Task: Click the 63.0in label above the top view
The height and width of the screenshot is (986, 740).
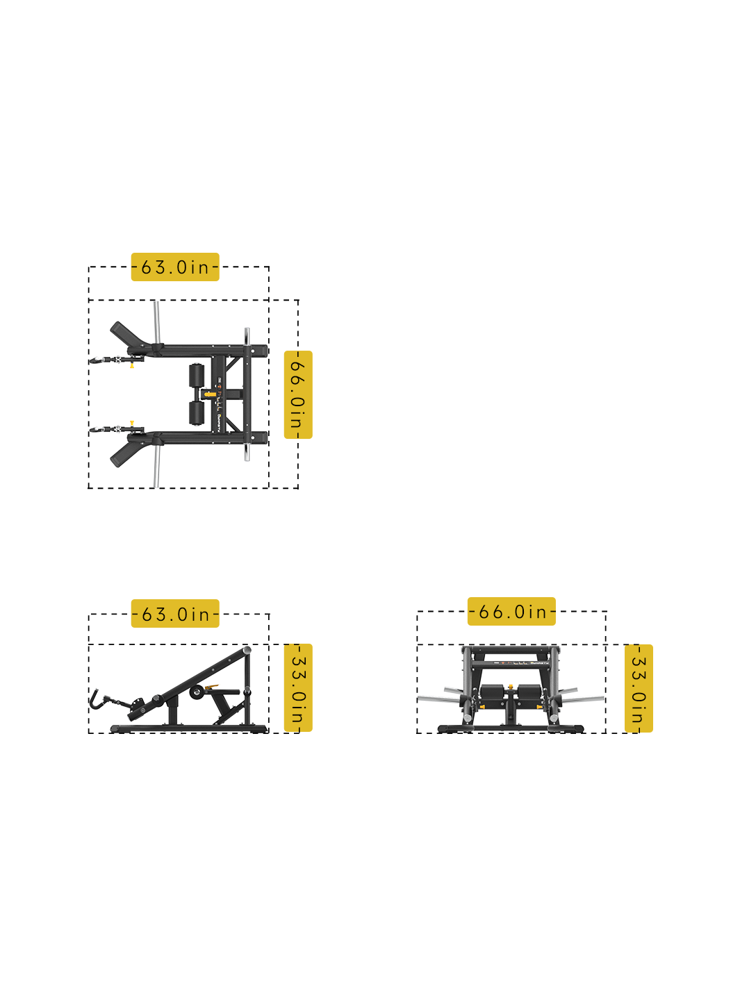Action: click(175, 267)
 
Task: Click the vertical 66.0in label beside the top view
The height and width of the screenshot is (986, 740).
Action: click(298, 395)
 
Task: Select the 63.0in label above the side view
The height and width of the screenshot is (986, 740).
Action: click(175, 614)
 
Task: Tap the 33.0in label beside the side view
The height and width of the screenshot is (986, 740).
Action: click(298, 688)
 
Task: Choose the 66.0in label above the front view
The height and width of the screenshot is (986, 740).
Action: click(511, 612)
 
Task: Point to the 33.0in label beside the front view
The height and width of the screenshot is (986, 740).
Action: click(639, 688)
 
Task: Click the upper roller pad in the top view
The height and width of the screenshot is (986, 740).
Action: click(197, 375)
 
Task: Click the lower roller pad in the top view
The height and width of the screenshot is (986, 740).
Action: click(197, 412)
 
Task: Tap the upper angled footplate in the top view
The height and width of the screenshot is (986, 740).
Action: click(128, 334)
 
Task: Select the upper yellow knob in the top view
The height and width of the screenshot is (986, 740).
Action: click(132, 365)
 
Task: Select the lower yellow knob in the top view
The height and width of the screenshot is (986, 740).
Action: click(132, 421)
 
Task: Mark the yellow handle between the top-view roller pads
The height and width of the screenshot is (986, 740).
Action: click(209, 394)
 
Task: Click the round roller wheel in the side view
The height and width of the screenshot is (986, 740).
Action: click(197, 692)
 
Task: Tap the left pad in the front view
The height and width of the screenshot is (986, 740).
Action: click(492, 692)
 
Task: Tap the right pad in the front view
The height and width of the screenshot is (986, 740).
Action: click(529, 692)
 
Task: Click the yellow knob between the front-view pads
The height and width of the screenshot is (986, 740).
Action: click(511, 687)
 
